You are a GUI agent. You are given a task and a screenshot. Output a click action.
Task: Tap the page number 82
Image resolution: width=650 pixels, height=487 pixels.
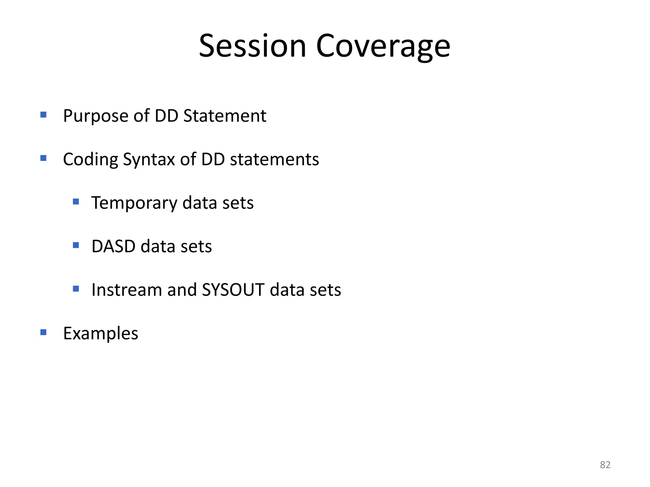pos(605,465)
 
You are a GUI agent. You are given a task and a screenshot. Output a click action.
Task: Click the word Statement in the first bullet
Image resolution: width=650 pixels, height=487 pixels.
pos(225,116)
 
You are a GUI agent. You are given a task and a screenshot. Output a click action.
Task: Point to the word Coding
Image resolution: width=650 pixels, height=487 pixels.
pos(90,159)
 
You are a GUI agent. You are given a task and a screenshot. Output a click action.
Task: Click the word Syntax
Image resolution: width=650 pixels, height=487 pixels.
pos(149,159)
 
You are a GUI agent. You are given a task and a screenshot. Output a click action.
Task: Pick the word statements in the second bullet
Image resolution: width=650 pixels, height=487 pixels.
pos(274,159)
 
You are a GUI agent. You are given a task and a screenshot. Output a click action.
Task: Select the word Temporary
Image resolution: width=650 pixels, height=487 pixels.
pos(134,203)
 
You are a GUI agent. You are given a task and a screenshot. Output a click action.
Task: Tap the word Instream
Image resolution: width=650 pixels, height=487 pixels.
pos(126,290)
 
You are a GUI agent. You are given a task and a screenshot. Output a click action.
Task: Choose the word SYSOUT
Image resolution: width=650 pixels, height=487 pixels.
pos(233,290)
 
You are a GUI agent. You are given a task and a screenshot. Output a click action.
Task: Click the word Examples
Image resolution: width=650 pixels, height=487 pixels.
pos(101,334)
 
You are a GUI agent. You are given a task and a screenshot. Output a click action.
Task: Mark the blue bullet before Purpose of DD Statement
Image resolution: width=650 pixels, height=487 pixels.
pos(43,114)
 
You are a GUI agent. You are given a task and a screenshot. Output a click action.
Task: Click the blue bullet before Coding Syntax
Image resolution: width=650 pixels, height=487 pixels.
pos(43,158)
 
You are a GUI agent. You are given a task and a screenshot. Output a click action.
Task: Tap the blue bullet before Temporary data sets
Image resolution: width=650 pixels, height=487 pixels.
pos(76,202)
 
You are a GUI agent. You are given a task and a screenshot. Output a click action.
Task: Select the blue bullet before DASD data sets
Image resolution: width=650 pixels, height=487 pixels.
pos(76,245)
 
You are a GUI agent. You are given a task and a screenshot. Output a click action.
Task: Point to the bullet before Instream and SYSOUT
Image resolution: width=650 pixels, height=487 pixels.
pos(76,289)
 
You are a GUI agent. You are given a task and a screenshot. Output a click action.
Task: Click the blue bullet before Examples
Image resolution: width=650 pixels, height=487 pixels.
pos(43,332)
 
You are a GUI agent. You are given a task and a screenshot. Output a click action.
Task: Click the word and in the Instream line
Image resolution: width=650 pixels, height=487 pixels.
pos(182,290)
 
